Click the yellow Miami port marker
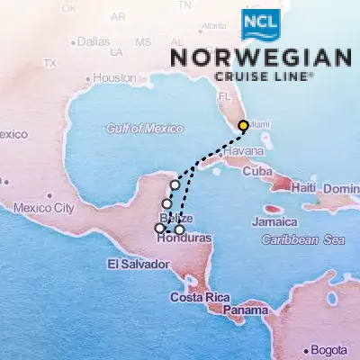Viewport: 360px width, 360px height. (243, 126)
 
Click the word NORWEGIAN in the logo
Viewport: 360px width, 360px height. (261, 58)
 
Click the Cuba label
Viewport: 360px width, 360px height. (257, 171)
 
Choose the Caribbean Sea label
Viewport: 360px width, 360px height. (303, 240)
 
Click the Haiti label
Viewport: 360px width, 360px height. (301, 187)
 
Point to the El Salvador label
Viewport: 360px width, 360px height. (137, 264)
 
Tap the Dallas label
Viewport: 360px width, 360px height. (93, 41)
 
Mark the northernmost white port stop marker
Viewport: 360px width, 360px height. (175, 184)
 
